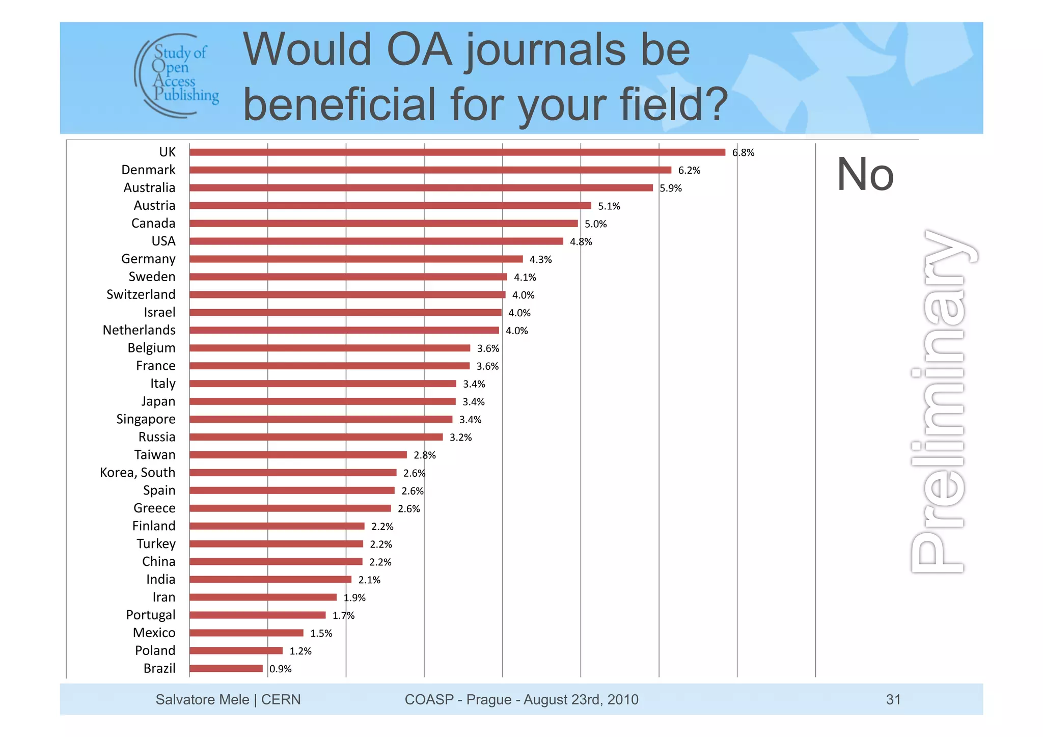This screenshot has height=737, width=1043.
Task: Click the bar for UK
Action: pyautogui.click(x=457, y=152)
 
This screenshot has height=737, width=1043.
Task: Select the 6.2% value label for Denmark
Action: pyautogui.click(x=689, y=171)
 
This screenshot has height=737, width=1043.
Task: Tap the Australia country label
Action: pyautogui.click(x=149, y=188)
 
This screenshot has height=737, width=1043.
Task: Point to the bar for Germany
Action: pyautogui.click(x=356, y=259)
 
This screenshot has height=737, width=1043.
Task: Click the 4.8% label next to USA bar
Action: pyautogui.click(x=581, y=242)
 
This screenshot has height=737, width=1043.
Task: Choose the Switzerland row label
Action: pyautogui.click(x=141, y=295)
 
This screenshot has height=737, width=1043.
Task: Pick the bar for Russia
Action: pyautogui.click(x=316, y=437)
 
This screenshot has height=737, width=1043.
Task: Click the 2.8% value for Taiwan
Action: pyautogui.click(x=424, y=455)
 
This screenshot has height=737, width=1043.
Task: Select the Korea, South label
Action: pyautogui.click(x=138, y=473)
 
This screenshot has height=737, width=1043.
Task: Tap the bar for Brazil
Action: pyautogui.click(x=226, y=668)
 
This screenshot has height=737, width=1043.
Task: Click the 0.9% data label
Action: pyautogui.click(x=281, y=669)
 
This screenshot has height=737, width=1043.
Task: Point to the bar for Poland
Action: pyautogui.click(x=236, y=650)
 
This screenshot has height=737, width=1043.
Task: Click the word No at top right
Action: pyautogui.click(x=865, y=175)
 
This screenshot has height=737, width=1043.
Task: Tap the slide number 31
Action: pyautogui.click(x=893, y=699)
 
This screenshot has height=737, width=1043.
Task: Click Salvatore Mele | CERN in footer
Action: pyautogui.click(x=228, y=699)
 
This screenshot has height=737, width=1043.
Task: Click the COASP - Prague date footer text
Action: pyautogui.click(x=521, y=699)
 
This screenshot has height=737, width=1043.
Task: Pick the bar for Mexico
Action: pyautogui.click(x=246, y=633)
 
